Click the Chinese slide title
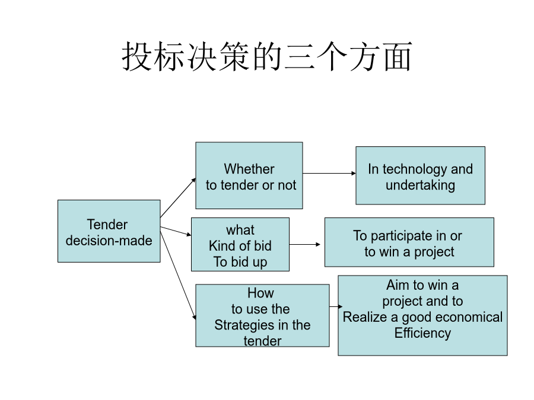[267, 56]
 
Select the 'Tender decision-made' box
[109, 231]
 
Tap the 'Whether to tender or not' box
[249, 175]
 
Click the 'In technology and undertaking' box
[420, 175]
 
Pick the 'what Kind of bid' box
[240, 244]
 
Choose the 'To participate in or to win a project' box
[409, 242]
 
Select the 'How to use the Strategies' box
[262, 315]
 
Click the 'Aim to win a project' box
[422, 315]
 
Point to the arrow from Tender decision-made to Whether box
[178, 197]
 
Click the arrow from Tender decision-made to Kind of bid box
[176, 231]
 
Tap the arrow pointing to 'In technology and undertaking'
[329, 174]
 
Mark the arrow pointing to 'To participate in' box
[305, 244]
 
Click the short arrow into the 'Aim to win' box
[336, 307]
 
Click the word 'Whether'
[249, 169]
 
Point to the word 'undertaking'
[420, 185]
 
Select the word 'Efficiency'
[422, 333]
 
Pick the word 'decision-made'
[109, 241]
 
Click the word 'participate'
[402, 236]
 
